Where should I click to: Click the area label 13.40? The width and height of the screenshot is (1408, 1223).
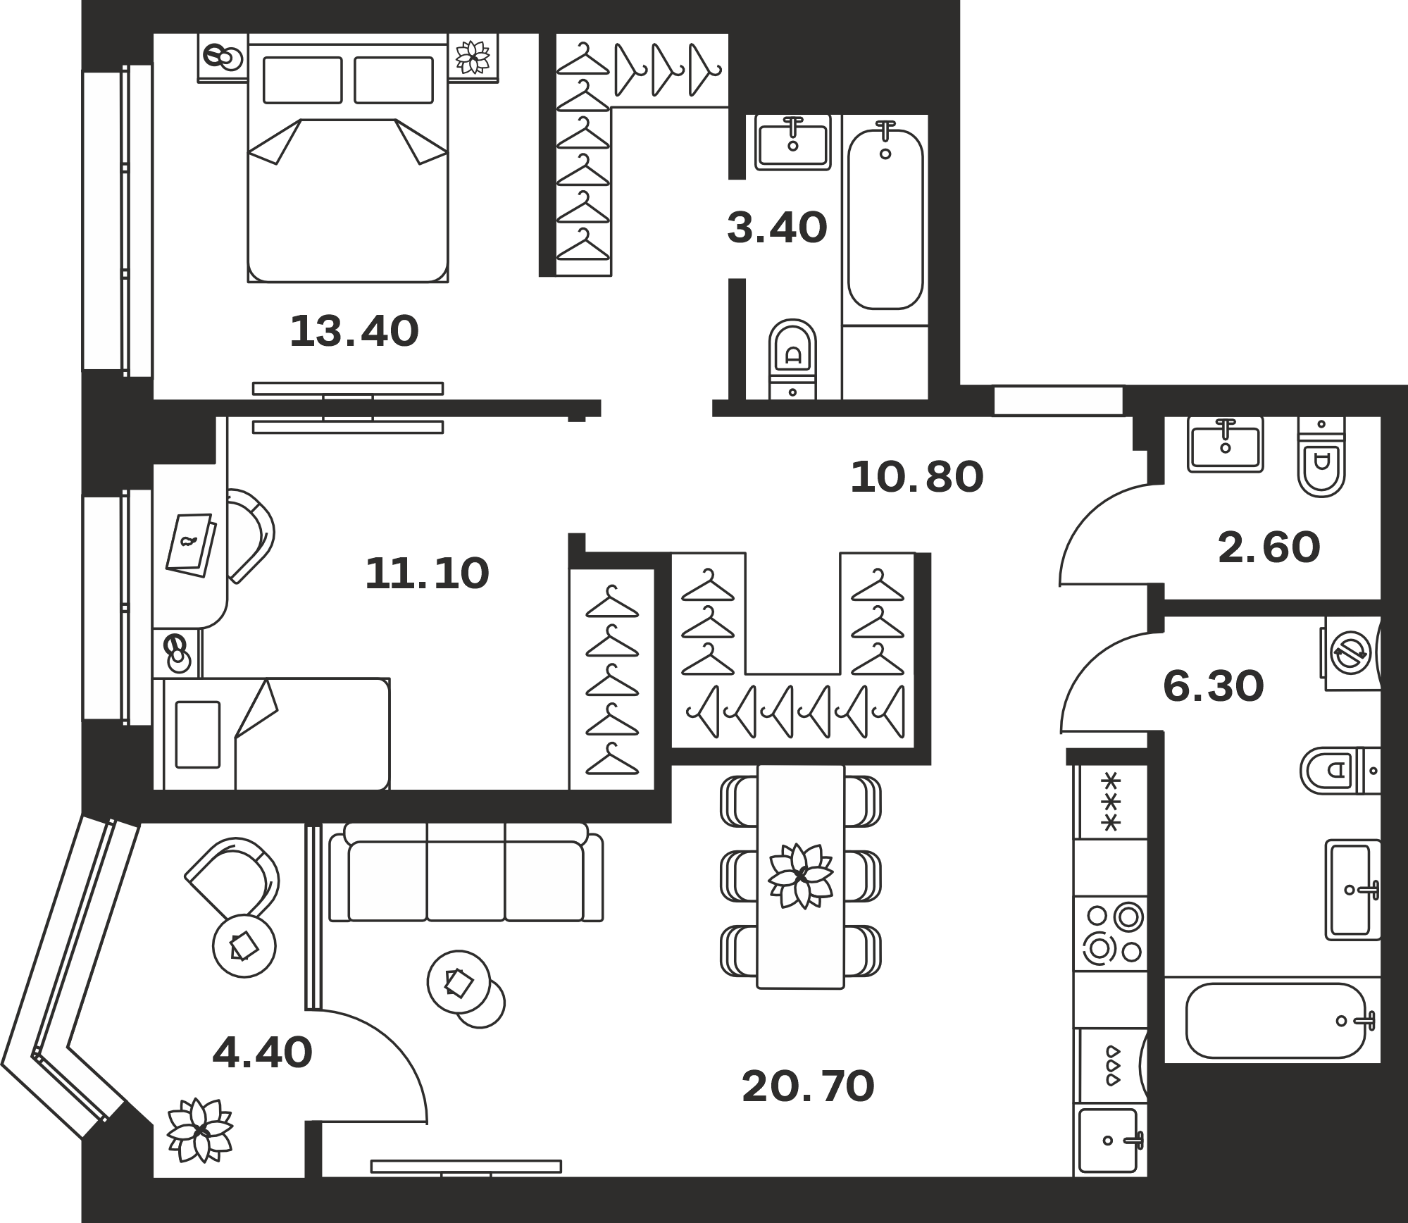coord(354,332)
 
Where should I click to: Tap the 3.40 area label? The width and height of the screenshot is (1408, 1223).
coord(777,228)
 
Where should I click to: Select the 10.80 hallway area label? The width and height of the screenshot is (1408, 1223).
coord(916,477)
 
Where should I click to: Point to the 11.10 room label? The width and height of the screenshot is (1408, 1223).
coord(427,573)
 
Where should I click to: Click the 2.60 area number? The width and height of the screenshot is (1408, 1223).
coord(1269,548)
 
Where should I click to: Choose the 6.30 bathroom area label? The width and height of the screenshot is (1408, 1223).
coord(1214,687)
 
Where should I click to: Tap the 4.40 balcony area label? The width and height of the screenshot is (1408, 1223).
coord(262,1054)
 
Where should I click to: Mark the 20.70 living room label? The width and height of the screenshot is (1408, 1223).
coord(808,1086)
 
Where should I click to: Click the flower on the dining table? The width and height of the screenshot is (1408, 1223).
coord(801,876)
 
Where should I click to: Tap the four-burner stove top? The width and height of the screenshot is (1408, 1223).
coord(1111,933)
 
